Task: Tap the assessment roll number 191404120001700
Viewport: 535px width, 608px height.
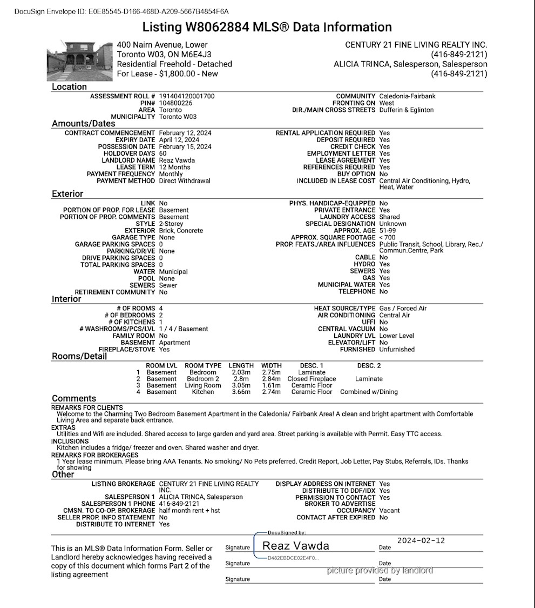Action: [187, 96]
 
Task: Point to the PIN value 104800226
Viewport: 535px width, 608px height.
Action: [175, 103]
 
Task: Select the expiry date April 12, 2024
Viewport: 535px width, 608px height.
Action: [179, 140]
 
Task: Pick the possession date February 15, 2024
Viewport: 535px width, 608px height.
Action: [185, 147]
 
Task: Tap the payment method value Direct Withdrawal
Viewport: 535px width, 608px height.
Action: [185, 181]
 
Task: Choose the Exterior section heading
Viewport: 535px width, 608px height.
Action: [67, 193]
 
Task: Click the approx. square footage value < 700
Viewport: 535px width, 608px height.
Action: [387, 238]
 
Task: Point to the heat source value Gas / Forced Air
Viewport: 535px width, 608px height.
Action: [403, 309]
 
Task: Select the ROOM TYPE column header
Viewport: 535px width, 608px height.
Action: [203, 366]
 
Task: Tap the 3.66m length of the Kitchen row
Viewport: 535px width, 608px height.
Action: [241, 392]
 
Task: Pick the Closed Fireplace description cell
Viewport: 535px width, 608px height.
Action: [311, 379]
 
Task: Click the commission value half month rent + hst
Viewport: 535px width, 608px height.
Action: [189, 511]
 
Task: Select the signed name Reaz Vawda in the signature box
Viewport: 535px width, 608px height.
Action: [295, 546]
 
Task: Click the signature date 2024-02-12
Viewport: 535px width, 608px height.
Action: [421, 540]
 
